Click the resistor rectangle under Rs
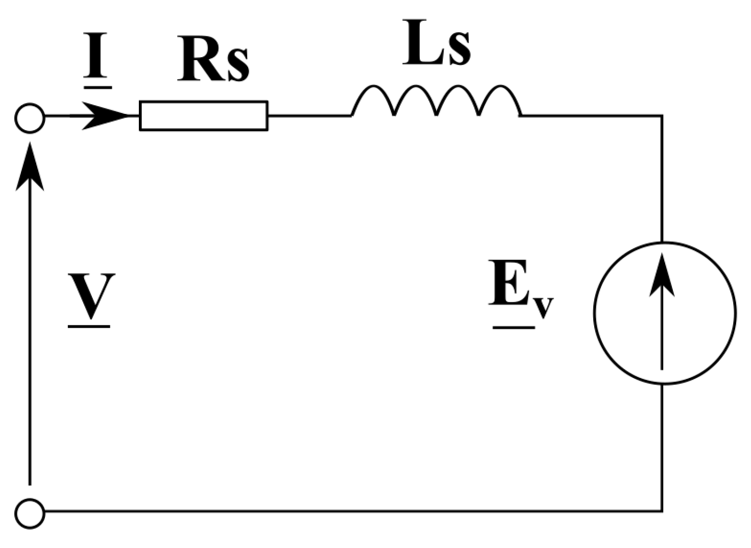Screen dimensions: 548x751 tap(203, 116)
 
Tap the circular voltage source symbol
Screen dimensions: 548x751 tap(665, 313)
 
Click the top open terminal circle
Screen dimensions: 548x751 tap(30, 117)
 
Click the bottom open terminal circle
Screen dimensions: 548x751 tap(30, 512)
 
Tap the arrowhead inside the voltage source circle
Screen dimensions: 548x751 tap(662, 276)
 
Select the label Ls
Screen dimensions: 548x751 tap(437, 43)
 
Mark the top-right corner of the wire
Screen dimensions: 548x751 tap(662, 116)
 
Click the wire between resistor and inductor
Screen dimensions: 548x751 tap(309, 116)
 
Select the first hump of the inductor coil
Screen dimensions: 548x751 tap(373, 94)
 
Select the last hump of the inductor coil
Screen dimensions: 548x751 tap(500, 94)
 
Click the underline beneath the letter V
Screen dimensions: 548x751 tap(89, 325)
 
